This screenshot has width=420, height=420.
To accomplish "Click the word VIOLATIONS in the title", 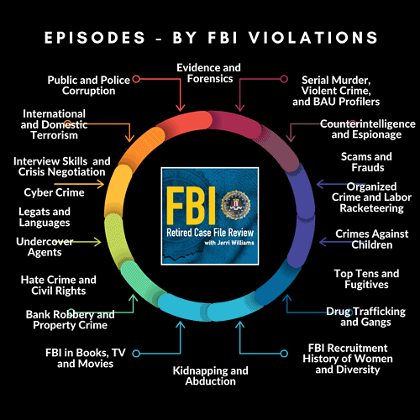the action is [x=313, y=38].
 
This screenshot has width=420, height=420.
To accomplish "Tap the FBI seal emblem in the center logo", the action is [x=236, y=205].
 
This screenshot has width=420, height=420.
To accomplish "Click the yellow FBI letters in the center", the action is [x=192, y=205].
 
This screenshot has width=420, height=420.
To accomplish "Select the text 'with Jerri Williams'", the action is [x=229, y=243].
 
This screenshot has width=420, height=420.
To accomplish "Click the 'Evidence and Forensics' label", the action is [x=209, y=73].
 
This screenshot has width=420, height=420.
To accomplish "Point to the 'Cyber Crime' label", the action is [x=54, y=192].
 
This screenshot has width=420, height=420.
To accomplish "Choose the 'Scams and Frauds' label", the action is [x=366, y=162].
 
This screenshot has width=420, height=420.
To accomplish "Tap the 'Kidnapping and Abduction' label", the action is [x=211, y=375].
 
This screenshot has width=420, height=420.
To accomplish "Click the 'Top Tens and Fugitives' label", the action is [x=366, y=279].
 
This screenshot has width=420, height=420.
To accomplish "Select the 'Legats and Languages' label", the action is [x=45, y=217].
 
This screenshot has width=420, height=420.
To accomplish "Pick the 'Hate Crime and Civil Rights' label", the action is [x=59, y=285].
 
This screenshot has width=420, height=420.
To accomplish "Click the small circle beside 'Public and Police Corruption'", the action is [x=136, y=79].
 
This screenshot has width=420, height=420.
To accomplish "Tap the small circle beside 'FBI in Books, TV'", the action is [x=136, y=354].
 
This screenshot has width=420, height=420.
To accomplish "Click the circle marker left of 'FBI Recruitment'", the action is [x=284, y=354].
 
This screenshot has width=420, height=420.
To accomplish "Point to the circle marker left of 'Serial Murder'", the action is [x=284, y=79].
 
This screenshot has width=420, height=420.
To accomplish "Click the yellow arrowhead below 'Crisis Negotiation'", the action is [x=101, y=184].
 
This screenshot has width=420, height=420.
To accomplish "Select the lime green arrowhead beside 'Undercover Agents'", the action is [x=97, y=242].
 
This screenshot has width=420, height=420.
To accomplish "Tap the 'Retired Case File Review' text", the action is [x=210, y=233].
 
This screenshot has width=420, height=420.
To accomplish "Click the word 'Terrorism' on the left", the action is [x=55, y=135].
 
